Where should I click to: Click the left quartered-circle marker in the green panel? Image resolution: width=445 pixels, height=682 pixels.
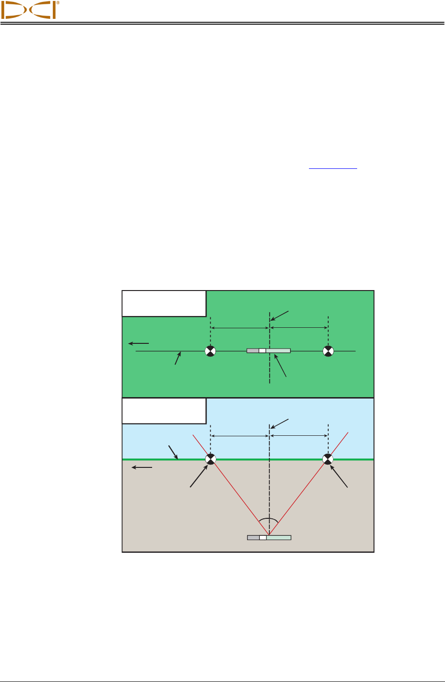tap(210, 351)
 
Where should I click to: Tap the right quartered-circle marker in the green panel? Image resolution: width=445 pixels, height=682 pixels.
tap(328, 351)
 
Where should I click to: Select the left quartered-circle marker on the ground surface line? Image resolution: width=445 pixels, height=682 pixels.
tap(210, 458)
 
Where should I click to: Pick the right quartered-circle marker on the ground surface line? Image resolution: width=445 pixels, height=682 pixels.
tap(328, 458)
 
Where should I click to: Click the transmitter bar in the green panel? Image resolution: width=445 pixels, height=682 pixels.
tap(268, 351)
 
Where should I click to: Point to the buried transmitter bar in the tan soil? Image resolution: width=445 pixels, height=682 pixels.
tap(269, 537)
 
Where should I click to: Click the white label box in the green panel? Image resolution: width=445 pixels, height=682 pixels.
tap(164, 303)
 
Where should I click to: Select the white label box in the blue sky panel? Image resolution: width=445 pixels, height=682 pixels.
tap(164, 411)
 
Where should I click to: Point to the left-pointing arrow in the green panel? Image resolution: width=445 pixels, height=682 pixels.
tap(139, 343)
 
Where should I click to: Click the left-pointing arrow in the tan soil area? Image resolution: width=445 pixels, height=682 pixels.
tap(142, 467)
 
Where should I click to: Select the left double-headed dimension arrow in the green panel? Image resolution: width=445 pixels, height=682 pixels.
tap(240, 328)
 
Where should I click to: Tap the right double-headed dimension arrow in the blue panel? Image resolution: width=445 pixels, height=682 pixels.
tap(299, 435)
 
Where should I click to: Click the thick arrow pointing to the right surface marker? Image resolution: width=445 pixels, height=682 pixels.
tap(340, 477)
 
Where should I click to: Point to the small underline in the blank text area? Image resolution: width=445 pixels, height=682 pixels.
tap(333, 168)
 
